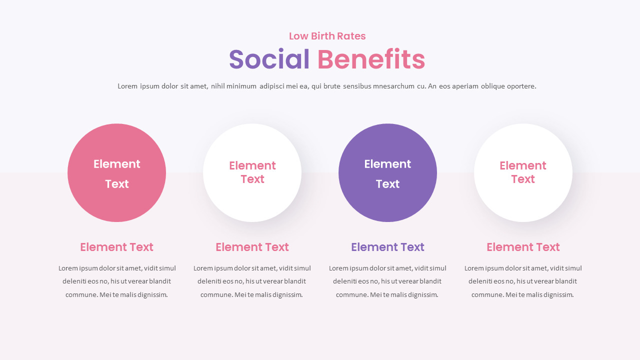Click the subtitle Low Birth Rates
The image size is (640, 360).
[327, 36]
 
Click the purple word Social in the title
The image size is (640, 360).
[269, 59]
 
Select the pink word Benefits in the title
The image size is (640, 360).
[371, 59]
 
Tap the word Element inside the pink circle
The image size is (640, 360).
[116, 164]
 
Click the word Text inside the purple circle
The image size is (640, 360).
[387, 184]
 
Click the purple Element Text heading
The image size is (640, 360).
[387, 247]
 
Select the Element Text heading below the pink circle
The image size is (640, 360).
[116, 247]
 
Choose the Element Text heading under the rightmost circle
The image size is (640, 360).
[523, 247]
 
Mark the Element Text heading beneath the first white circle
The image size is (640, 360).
[252, 247]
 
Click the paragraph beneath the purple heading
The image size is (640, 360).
[387, 281]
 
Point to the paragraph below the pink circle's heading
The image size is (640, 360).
[116, 281]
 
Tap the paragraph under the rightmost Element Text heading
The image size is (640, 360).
[523, 281]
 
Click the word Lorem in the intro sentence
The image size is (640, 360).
[127, 86]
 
